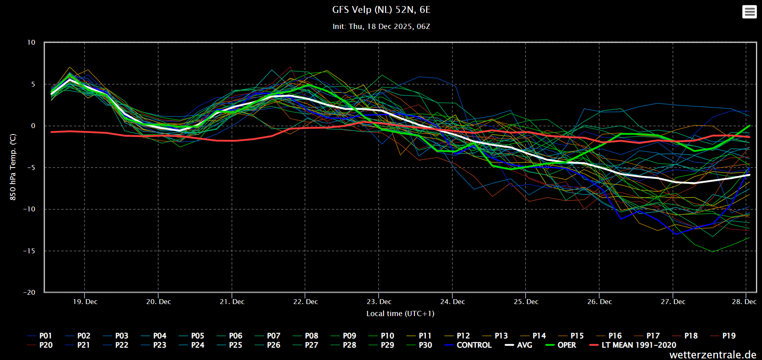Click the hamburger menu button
749,12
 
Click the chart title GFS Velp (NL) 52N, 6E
381,10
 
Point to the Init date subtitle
381,27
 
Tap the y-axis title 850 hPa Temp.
13,167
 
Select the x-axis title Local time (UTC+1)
400,314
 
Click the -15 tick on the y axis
29,251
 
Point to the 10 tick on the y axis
31,42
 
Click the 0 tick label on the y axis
33,126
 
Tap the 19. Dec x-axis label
85,302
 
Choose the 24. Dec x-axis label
452,302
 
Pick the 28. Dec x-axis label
744,302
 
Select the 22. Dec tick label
305,302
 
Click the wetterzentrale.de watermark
713,355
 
